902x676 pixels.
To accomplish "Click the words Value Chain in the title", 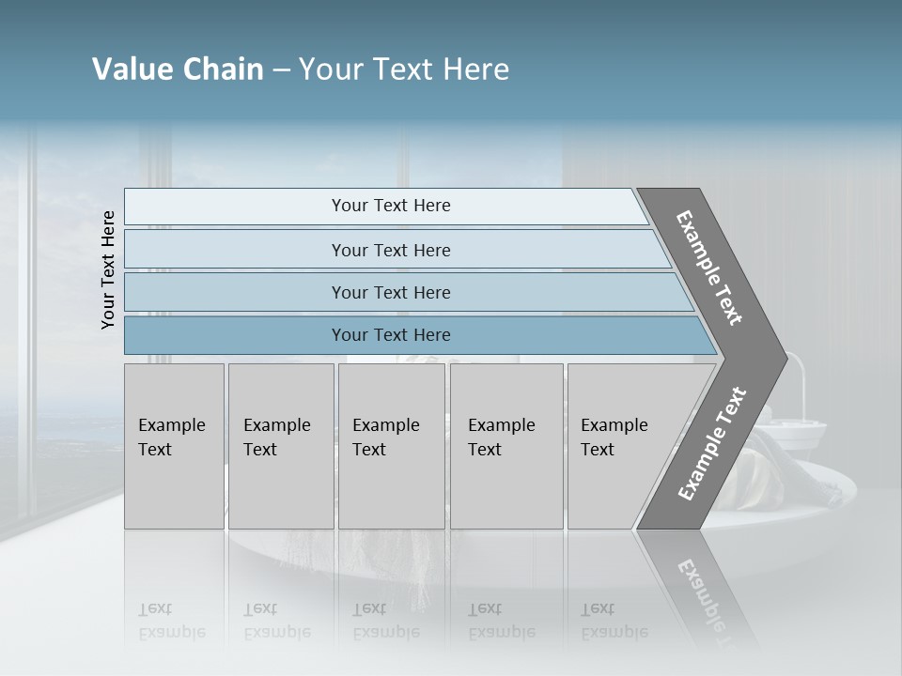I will (178, 69).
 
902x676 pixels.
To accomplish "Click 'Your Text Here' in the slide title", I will (403, 69).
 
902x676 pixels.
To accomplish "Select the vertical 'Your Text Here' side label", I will (108, 269).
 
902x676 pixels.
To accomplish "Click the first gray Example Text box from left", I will (174, 447).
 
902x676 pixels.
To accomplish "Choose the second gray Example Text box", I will (281, 447).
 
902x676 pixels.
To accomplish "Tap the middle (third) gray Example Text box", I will (391, 447).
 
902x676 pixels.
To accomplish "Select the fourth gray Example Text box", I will (506, 447).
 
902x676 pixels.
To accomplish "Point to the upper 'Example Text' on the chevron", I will (709, 268).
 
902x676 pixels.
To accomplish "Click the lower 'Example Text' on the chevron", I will (711, 444).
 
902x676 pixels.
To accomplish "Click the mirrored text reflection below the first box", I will (171, 621).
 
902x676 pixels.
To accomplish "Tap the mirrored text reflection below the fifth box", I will (614, 621).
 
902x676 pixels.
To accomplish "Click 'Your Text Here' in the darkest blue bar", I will (391, 335).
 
